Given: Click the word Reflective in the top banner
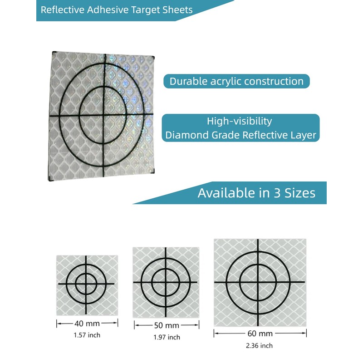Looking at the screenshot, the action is tap(59, 10).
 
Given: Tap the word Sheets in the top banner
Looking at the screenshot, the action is tap(178, 10).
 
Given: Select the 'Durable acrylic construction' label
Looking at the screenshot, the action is tap(236, 82).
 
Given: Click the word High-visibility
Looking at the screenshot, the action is tap(239, 121).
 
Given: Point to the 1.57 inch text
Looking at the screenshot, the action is tap(87, 335).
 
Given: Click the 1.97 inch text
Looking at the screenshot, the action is tap(166, 337).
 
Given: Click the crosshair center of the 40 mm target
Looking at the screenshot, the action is tap(86, 284).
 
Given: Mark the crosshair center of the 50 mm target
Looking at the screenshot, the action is tap(165, 282).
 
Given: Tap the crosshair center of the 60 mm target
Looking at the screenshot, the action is tap(258, 282).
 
